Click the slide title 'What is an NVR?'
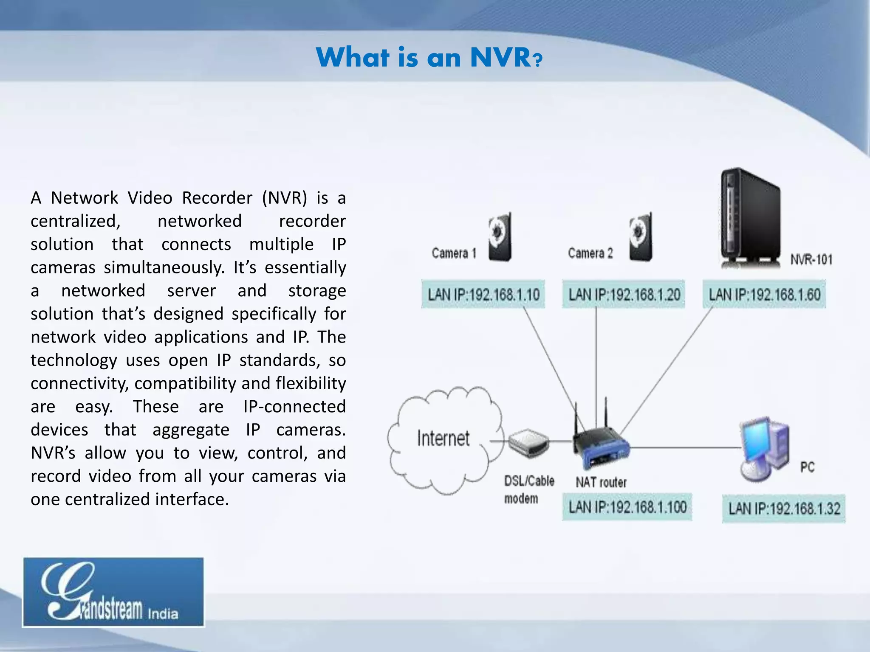pos(429,57)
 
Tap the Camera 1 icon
pos(500,237)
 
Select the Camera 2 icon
pos(641,237)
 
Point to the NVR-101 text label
pos(811,259)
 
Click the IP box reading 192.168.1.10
pos(483,294)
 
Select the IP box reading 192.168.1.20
pos(624,294)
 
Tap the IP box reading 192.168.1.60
pos(764,294)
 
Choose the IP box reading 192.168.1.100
pos(627,507)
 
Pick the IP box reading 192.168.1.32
pos(784,509)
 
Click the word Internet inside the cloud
pos(443,438)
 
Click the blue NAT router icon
pos(600,446)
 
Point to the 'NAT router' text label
pos(601,482)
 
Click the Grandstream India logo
pos(113,592)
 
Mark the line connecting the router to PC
pos(684,447)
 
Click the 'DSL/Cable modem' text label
pos(528,489)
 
